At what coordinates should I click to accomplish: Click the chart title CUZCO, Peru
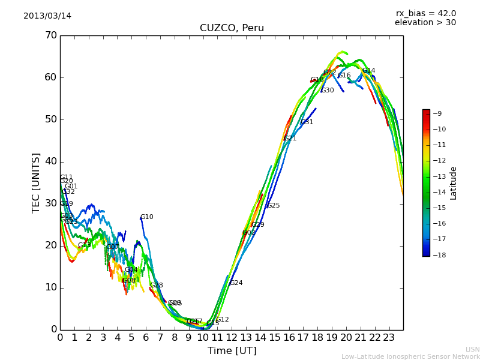[x=232, y=28]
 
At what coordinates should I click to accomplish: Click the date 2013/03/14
[x=47, y=16]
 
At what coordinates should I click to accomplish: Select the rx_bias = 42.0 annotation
[x=425, y=13]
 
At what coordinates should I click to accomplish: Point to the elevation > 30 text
[x=425, y=23]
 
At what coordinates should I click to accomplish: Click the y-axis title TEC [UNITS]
[x=36, y=182]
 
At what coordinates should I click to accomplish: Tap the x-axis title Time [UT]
[x=232, y=350]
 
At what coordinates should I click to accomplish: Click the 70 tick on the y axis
[x=50, y=35]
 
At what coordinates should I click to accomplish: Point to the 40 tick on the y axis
[x=50, y=161]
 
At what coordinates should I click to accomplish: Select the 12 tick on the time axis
[x=232, y=337]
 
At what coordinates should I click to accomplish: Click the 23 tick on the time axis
[x=389, y=337]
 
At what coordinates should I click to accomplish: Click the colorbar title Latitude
[x=454, y=183]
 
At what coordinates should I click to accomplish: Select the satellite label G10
[x=146, y=217]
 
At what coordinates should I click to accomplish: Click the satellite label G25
[x=273, y=206]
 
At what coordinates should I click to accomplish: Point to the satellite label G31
[x=307, y=122]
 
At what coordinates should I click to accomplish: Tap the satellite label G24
[x=236, y=283]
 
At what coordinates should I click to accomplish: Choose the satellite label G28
[x=156, y=286]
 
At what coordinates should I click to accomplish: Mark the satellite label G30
[x=327, y=91]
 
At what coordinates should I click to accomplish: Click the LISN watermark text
[x=472, y=349]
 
